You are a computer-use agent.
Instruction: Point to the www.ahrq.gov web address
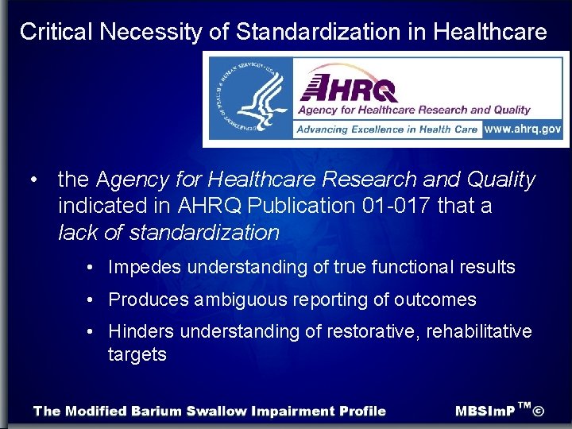click(523, 129)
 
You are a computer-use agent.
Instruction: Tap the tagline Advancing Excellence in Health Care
click(388, 129)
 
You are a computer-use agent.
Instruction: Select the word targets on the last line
click(137, 354)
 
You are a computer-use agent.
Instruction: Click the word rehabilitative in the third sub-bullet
click(478, 330)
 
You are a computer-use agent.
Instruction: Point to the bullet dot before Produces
click(93, 300)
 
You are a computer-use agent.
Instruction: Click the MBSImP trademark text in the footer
click(485, 412)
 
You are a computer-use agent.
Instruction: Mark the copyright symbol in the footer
click(539, 411)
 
